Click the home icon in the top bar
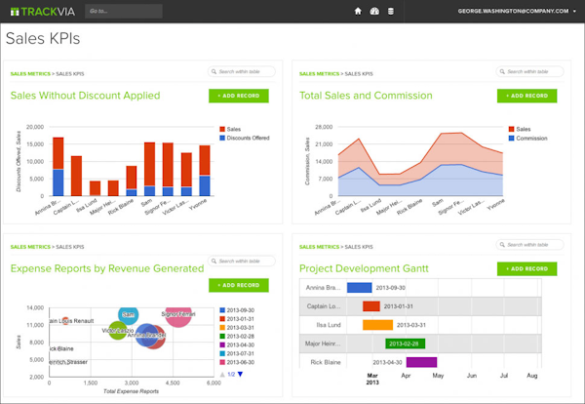point(358,12)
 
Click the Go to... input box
point(127,12)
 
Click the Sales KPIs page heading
point(43,39)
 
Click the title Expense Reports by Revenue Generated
point(107,268)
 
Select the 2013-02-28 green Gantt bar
point(404,343)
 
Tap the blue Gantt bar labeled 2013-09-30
point(360,288)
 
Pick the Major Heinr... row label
point(325,343)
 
